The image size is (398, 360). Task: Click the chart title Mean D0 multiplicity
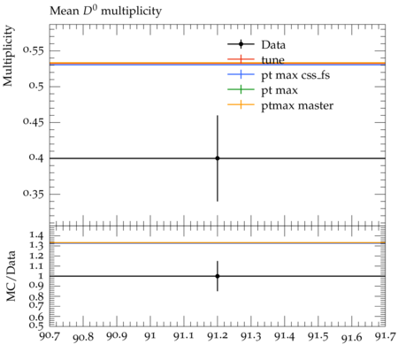coord(105,11)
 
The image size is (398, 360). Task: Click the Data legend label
coord(273,45)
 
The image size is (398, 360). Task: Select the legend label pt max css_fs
coord(295,75)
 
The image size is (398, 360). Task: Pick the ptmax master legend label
coord(297,105)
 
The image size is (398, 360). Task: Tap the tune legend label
coord(272,60)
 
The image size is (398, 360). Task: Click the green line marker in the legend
coord(241,89)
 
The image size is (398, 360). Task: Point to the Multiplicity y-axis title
coord(8,56)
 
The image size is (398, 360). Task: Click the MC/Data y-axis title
coord(11,276)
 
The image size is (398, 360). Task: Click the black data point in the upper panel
coord(218,158)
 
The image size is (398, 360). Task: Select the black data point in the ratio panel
coord(218,276)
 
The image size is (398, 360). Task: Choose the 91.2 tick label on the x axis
coord(218,336)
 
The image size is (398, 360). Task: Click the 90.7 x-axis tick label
coord(50,336)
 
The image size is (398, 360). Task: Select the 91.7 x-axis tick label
coord(386,336)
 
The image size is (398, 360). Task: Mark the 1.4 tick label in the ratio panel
coord(36,235)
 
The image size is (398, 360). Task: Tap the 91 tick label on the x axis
coord(150,336)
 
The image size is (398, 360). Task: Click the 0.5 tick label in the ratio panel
coord(36,326)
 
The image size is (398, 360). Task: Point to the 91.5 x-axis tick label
coord(318,336)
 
